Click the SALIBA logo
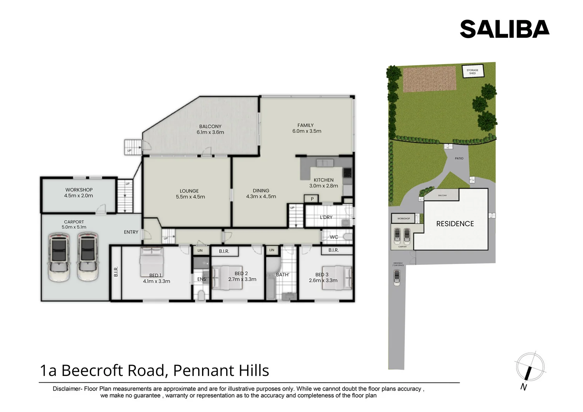click(504, 29)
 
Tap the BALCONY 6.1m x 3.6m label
click(210, 129)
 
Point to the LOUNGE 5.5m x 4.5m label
click(190, 194)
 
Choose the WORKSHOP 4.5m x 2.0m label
click(79, 193)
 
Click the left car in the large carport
click(59, 257)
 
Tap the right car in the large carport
click(87, 257)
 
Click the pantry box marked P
click(312, 199)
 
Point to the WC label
click(333, 237)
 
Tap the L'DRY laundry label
click(326, 217)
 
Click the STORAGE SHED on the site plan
click(472, 71)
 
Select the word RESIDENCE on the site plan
click(455, 224)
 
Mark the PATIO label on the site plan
click(459, 158)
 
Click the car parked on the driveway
click(396, 277)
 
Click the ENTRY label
click(131, 232)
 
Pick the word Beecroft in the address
click(93, 370)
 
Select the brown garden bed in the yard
click(429, 79)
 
